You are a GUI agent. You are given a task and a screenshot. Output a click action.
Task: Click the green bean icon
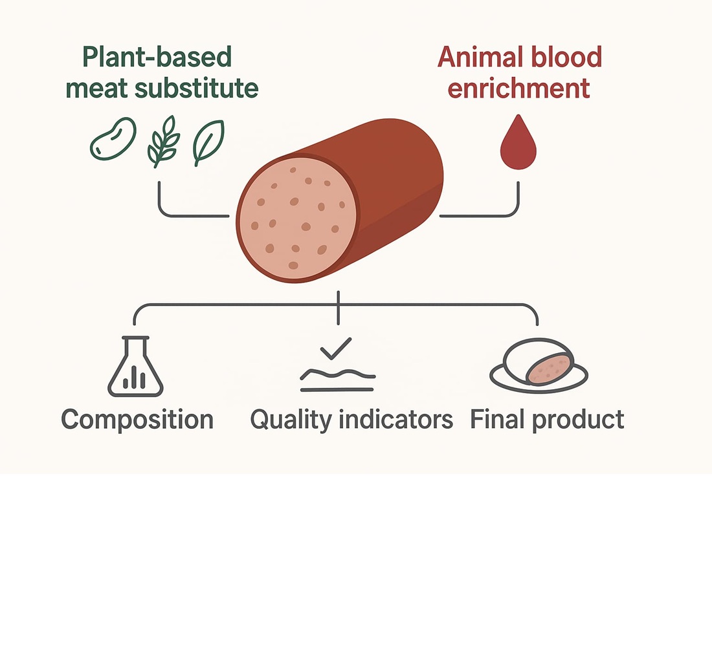[x=113, y=138]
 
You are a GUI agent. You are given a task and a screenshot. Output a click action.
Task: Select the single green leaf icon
[x=208, y=142]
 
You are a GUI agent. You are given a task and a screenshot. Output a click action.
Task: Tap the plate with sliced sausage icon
[x=539, y=367]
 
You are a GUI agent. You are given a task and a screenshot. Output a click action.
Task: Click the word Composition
[x=137, y=420]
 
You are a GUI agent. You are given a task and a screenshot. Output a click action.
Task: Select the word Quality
[x=289, y=420]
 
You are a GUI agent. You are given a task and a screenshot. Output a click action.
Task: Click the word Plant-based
[x=157, y=58]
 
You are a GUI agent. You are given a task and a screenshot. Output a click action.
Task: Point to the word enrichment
[x=518, y=88]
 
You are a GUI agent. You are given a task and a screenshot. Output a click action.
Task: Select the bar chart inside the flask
[x=134, y=380]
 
